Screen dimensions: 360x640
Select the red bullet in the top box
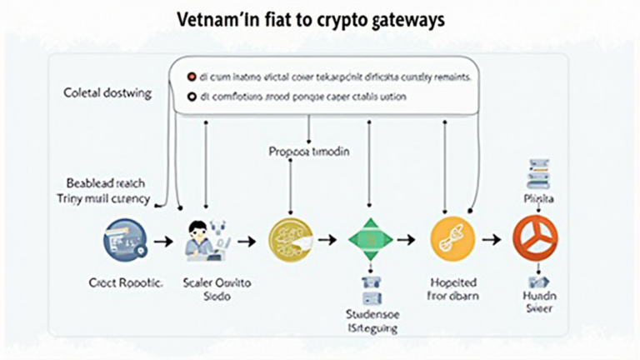[191, 75]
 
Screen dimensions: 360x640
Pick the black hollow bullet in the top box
[191, 97]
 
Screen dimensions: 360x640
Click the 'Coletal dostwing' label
[108, 94]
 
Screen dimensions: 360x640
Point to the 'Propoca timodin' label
[309, 152]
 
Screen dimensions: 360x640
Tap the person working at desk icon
[202, 237]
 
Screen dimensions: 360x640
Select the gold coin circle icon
[289, 239]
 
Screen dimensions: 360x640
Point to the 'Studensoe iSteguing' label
[371, 321]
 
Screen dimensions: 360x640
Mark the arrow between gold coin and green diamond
[328, 240]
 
